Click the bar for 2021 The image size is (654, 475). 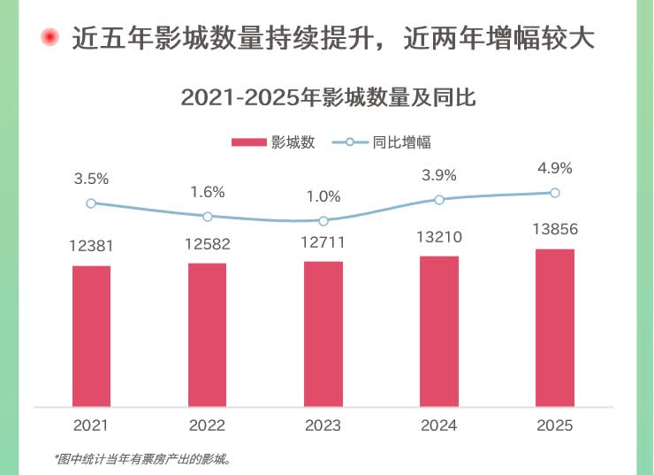pyautogui.click(x=91, y=336)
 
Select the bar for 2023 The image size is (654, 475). pyautogui.click(x=323, y=334)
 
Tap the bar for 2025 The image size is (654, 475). pyautogui.click(x=555, y=328)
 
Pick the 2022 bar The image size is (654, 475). pyautogui.click(x=207, y=335)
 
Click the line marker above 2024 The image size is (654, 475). pyautogui.click(x=439, y=199)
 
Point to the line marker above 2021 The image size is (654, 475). pyautogui.click(x=91, y=203)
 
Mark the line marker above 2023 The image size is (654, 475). pyautogui.click(x=323, y=221)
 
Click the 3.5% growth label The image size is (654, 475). pyautogui.click(x=91, y=179)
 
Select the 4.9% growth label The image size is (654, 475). pyautogui.click(x=555, y=168)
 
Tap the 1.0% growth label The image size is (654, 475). pyautogui.click(x=323, y=196)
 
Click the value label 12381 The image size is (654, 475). pyautogui.click(x=91, y=246)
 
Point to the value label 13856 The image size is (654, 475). pyautogui.click(x=555, y=228)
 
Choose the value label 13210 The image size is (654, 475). pyautogui.click(x=439, y=236)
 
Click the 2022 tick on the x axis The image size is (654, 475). pyautogui.click(x=207, y=425)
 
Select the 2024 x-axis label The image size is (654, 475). pyautogui.click(x=439, y=425)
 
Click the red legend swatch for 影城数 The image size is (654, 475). pyautogui.click(x=248, y=142)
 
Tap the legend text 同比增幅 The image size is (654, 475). pyautogui.click(x=401, y=142)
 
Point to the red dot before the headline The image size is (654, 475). pyautogui.click(x=50, y=37)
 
